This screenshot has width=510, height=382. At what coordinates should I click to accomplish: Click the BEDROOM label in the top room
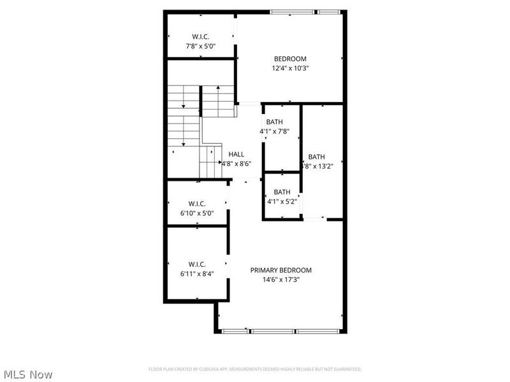click(x=290, y=59)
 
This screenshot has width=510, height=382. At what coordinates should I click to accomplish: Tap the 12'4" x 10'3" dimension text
click(x=290, y=68)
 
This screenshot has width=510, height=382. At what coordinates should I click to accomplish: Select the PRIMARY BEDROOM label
click(x=280, y=270)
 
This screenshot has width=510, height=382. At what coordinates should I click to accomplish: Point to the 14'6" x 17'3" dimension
click(x=280, y=279)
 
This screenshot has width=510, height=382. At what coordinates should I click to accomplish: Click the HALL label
click(x=237, y=154)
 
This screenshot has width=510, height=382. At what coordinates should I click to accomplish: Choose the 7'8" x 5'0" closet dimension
click(x=200, y=46)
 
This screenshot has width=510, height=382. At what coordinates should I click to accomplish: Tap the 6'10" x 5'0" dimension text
click(x=196, y=214)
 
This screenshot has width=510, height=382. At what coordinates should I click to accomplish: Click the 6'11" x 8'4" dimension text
click(x=196, y=274)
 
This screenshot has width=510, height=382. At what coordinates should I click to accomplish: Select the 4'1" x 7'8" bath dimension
click(x=275, y=131)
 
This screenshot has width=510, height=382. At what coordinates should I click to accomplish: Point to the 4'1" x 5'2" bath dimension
click(x=281, y=201)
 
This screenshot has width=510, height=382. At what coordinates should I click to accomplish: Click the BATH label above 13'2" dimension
click(x=316, y=157)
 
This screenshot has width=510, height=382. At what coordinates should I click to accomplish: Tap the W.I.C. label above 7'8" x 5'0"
click(x=200, y=36)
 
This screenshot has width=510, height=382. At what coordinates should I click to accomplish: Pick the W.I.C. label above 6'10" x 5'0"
click(x=196, y=204)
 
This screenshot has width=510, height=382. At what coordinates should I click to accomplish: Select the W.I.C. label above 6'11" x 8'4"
click(x=196, y=264)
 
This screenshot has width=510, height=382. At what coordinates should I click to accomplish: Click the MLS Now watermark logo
click(x=27, y=374)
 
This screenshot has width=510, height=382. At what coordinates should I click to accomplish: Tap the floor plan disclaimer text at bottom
click(x=255, y=369)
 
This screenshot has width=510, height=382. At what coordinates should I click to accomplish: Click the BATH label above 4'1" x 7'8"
click(x=275, y=122)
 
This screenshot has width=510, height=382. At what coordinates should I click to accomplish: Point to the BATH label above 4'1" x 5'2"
click(x=282, y=192)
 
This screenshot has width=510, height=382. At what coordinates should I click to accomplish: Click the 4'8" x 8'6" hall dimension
click(x=237, y=163)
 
